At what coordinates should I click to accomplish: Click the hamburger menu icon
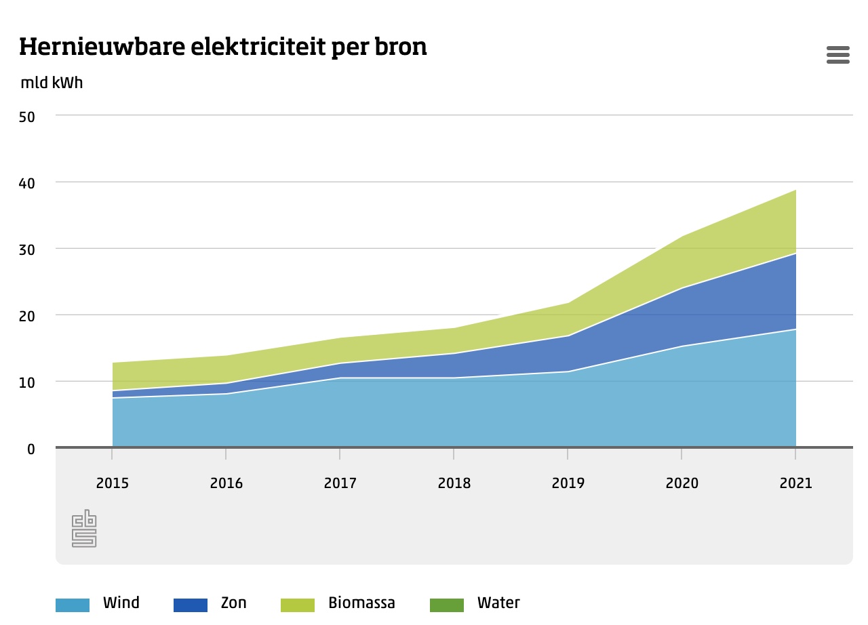click(x=837, y=55)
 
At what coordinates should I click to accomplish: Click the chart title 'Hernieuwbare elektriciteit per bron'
click(x=223, y=47)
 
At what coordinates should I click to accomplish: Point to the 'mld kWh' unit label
click(x=52, y=83)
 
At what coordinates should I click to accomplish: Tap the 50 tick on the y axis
click(x=27, y=116)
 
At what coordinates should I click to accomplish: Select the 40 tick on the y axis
click(x=27, y=182)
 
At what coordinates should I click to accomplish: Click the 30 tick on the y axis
click(x=27, y=249)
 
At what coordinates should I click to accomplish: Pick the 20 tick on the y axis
click(x=27, y=315)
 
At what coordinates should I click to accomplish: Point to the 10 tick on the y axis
click(x=27, y=382)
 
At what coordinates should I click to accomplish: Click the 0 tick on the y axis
click(x=31, y=448)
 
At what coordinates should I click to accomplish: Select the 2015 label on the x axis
click(x=113, y=483)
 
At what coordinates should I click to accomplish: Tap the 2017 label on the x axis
click(x=340, y=483)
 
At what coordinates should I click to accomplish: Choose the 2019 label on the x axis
click(x=568, y=483)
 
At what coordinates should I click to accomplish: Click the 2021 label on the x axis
click(x=795, y=483)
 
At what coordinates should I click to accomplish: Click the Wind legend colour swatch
click(x=73, y=605)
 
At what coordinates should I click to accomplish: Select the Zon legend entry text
click(x=234, y=603)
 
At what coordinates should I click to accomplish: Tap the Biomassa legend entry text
click(x=361, y=603)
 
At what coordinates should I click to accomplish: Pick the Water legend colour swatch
click(x=447, y=605)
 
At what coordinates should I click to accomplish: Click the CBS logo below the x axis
click(x=84, y=529)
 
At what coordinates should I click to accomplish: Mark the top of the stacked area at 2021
click(x=795, y=190)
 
